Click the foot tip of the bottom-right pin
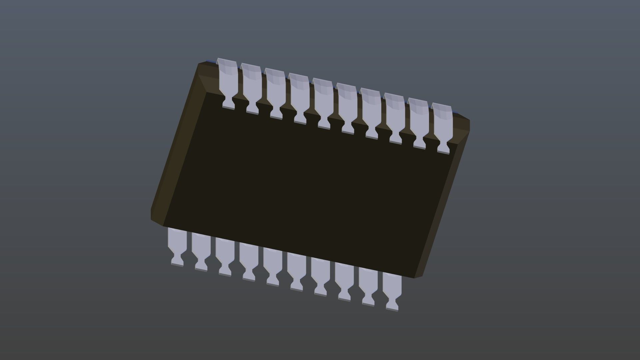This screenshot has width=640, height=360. [x=392, y=309]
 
